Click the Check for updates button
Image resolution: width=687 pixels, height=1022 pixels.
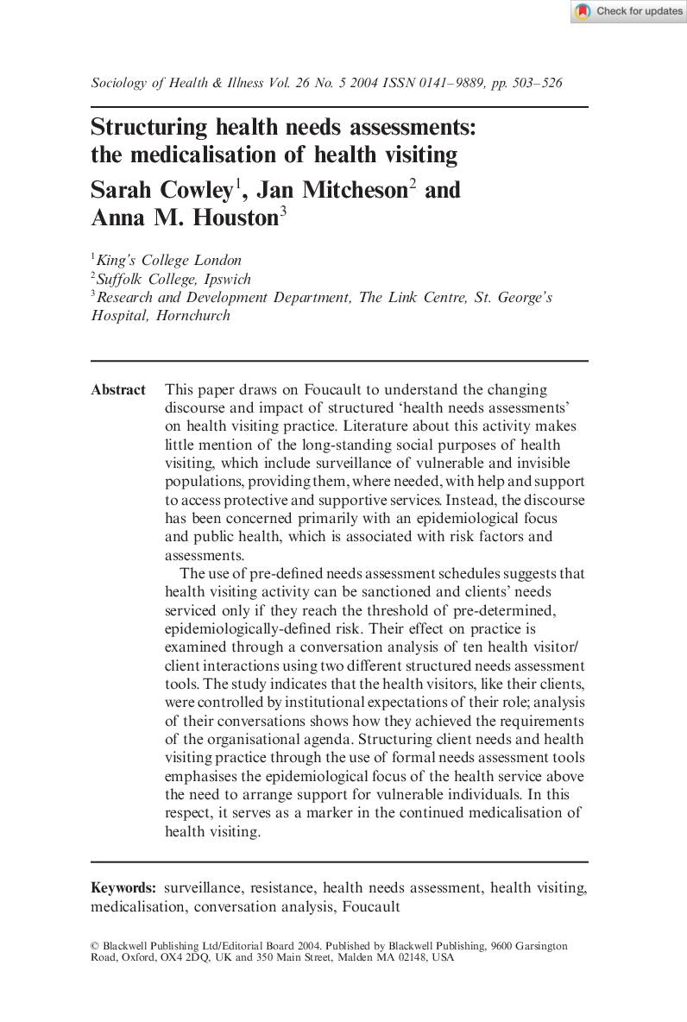627,11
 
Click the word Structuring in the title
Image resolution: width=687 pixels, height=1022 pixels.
150,128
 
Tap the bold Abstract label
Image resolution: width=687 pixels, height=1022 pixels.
118,390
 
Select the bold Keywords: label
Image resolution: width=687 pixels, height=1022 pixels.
123,887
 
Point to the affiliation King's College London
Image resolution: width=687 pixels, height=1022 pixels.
169,260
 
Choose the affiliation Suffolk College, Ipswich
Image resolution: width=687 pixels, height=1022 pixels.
174,279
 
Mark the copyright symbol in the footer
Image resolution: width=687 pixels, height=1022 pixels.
95,946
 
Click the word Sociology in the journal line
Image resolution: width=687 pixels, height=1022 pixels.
119,83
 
